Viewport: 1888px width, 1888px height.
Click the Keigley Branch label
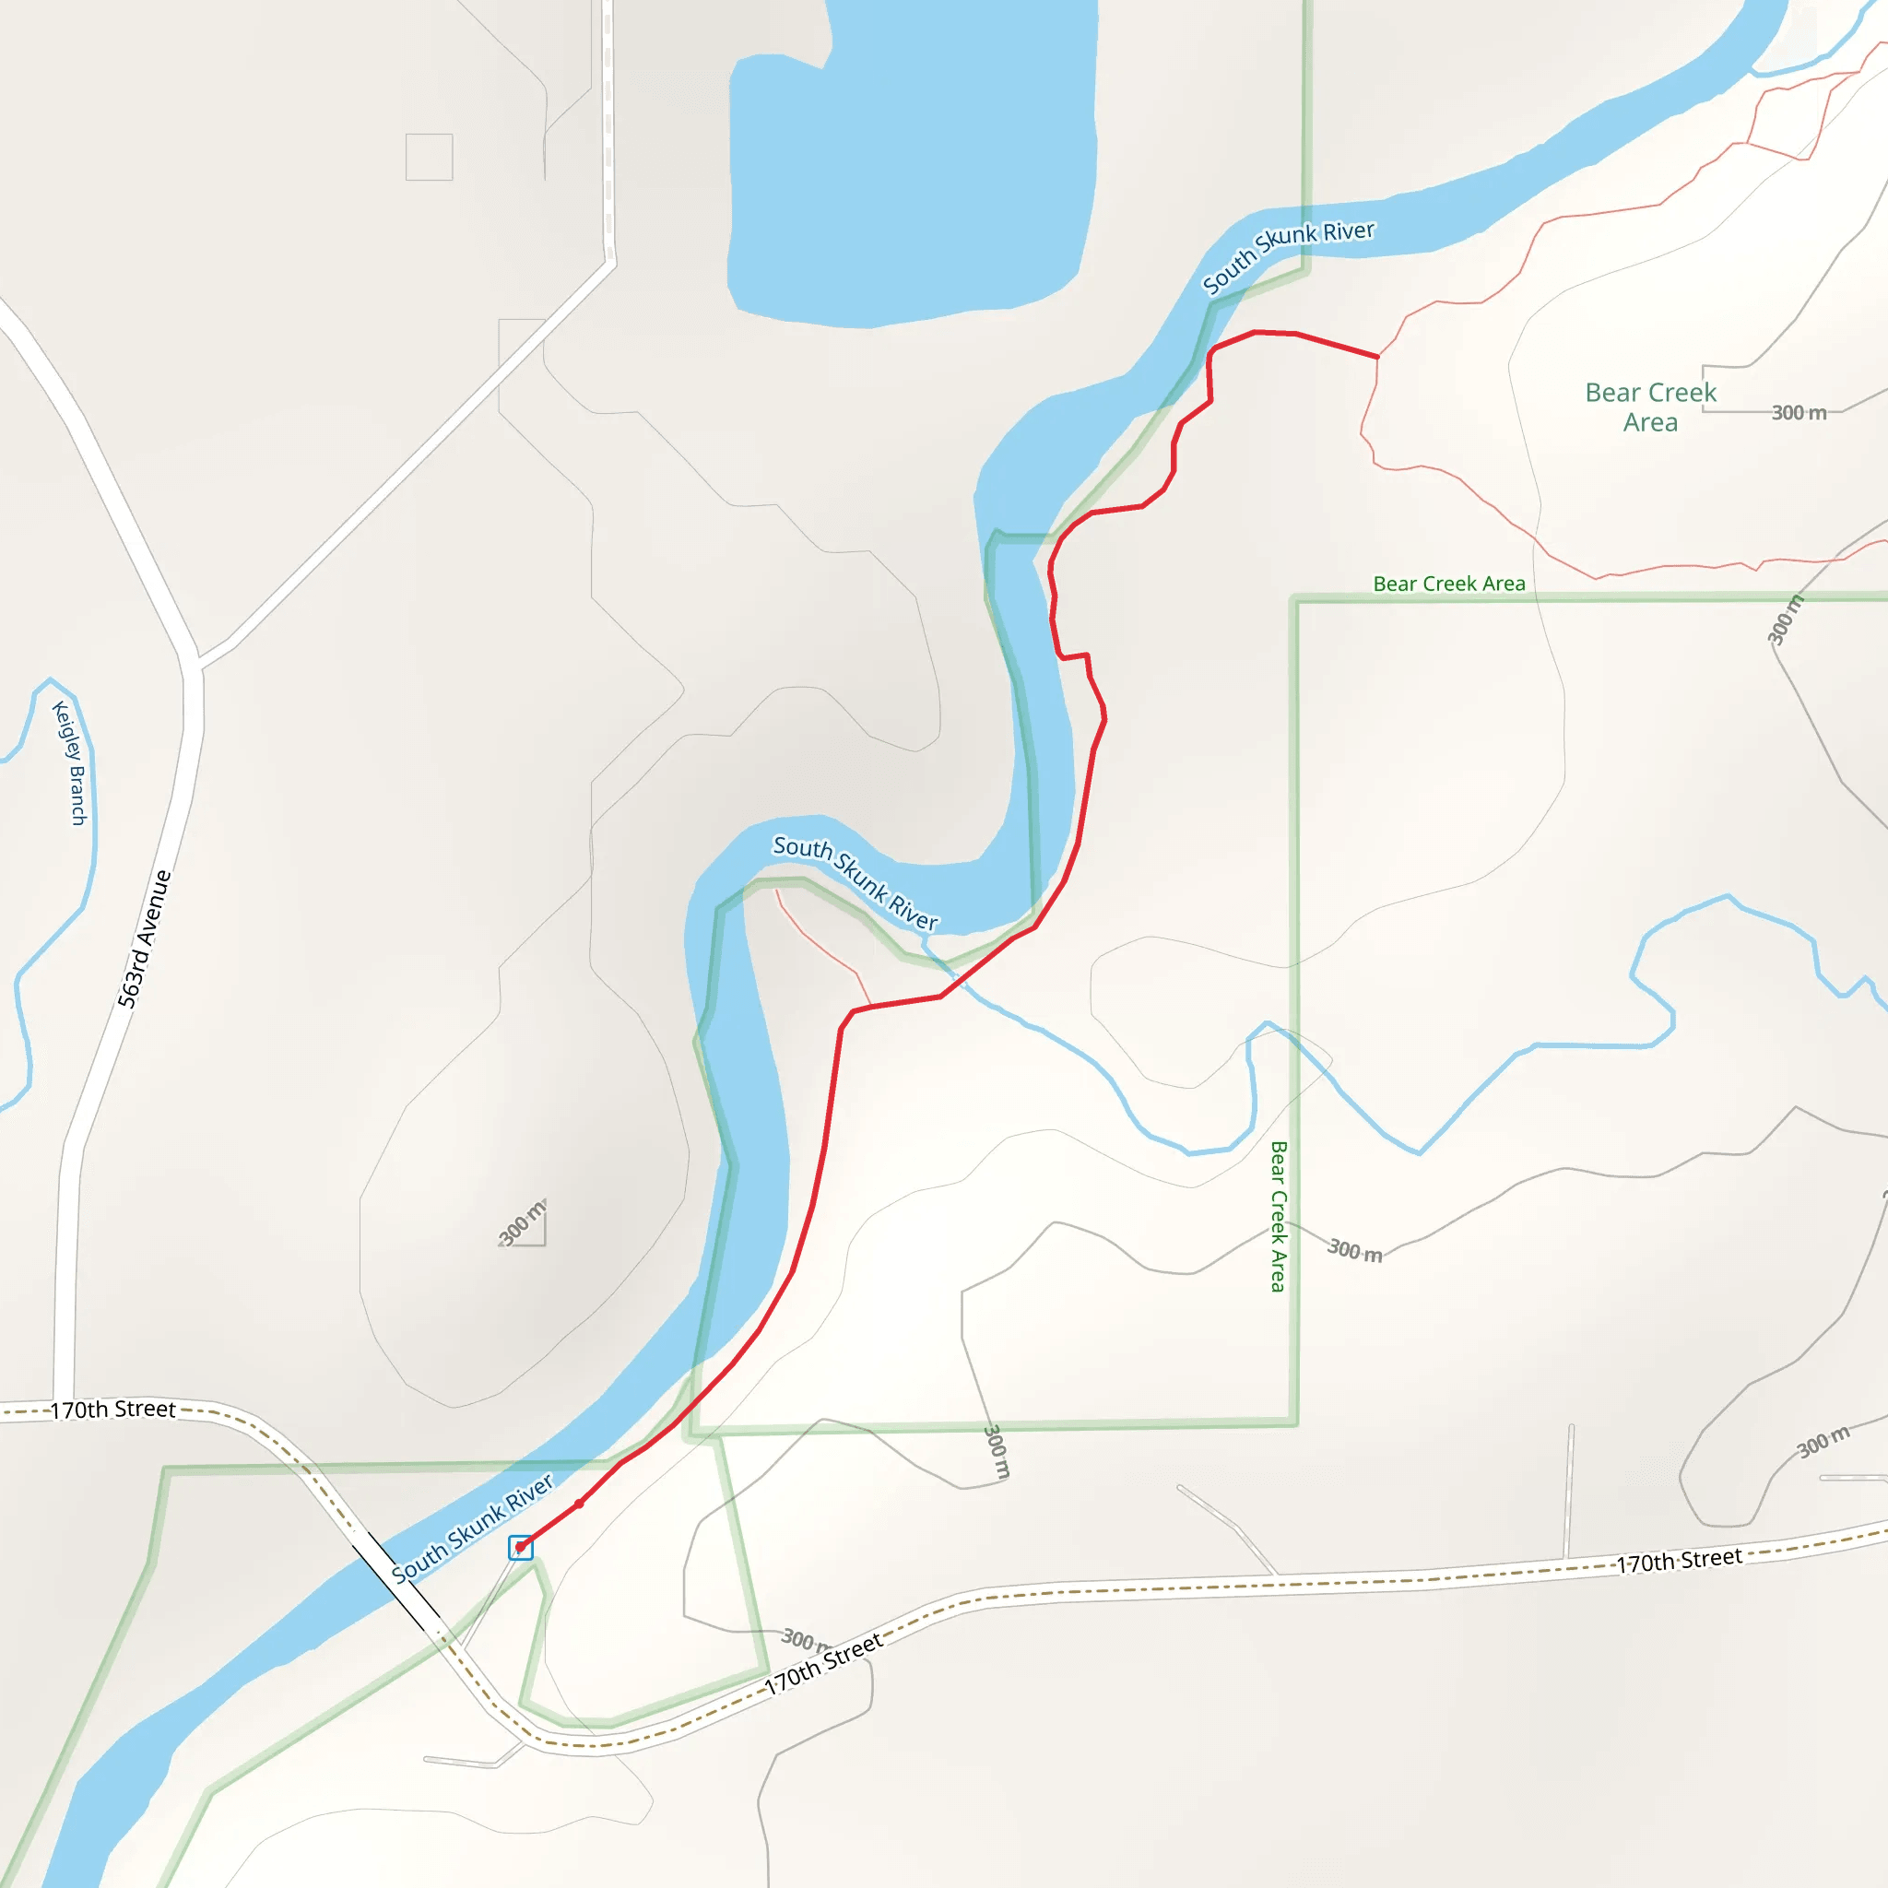[70, 763]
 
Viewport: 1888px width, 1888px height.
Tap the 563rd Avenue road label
[145, 938]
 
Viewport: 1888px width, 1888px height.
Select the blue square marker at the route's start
[521, 1547]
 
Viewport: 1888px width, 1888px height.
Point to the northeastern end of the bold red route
[1378, 357]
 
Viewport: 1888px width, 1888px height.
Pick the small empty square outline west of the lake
[429, 158]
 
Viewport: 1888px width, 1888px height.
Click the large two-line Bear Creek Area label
[1649, 407]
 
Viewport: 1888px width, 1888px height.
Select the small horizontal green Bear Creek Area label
[1448, 584]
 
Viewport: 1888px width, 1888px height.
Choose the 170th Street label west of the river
[112, 1410]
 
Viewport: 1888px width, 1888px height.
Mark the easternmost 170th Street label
[1679, 1561]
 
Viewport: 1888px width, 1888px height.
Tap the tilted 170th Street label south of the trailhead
[823, 1664]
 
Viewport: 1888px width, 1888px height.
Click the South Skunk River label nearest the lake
[1288, 255]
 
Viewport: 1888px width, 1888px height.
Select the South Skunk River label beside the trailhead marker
[472, 1528]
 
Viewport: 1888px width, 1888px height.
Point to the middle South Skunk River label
[855, 882]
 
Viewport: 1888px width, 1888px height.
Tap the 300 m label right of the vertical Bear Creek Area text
[1354, 1250]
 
